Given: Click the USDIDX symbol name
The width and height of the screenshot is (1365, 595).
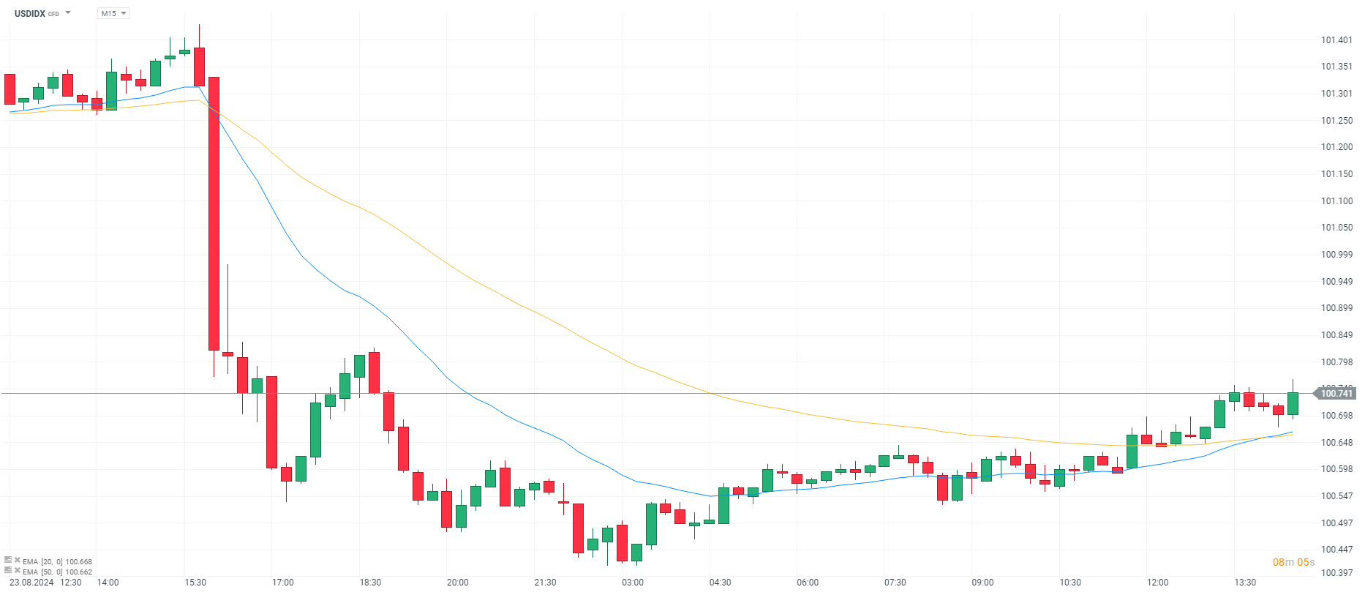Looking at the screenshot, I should coord(30,13).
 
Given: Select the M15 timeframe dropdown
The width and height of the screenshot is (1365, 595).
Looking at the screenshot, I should coord(113,13).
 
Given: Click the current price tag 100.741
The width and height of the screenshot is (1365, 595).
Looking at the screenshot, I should coord(1336,394).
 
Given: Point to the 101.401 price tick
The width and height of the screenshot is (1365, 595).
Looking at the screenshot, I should coord(1336,40).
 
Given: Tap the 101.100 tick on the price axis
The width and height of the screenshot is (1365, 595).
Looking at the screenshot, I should coord(1336,201).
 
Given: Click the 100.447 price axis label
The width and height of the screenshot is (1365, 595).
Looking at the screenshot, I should coord(1336,550).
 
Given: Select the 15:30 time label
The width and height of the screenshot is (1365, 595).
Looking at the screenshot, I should coord(195,583).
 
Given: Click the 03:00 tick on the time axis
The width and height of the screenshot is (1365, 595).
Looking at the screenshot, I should coord(633,583).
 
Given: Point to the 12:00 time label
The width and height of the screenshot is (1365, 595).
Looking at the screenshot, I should coord(1157,583).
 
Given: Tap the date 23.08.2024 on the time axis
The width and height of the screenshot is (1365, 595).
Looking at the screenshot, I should coord(31,583).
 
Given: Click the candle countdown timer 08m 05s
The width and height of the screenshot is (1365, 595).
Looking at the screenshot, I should coord(1293,562).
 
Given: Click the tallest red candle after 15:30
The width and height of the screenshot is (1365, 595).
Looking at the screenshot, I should coord(214,214).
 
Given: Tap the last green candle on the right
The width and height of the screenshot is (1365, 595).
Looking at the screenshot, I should coord(1293,404).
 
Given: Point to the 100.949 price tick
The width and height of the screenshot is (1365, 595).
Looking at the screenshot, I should coord(1336,282).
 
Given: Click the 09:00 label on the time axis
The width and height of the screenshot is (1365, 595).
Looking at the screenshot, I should coord(982,583).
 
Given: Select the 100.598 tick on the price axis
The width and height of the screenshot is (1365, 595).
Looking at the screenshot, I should coord(1336,469).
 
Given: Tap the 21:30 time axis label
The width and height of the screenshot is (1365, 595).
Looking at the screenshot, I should coord(545,583).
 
